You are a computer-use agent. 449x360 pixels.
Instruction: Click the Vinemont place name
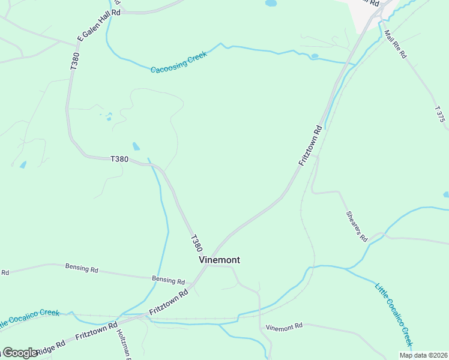[x=219, y=260]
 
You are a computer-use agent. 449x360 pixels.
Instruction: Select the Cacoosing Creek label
[x=179, y=62]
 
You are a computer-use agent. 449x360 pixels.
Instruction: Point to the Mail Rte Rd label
[x=396, y=44]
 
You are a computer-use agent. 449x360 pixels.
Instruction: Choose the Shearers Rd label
[x=356, y=226]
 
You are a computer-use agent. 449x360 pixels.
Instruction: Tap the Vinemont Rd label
[x=285, y=327]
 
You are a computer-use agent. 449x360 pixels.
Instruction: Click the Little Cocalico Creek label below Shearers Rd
[x=394, y=315]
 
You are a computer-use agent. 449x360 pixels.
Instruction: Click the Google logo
[x=20, y=352]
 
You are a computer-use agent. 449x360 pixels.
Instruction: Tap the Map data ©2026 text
[x=424, y=355]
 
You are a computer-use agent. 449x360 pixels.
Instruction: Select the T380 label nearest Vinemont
[x=196, y=243]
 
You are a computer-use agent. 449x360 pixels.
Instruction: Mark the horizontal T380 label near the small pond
[x=119, y=159]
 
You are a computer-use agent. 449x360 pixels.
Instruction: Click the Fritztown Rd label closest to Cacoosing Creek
[x=311, y=145]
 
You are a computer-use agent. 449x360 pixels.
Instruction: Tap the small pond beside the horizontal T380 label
[x=136, y=146]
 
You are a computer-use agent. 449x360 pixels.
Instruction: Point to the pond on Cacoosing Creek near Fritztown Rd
[x=315, y=56]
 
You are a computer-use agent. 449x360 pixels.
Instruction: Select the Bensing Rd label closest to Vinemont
[x=168, y=280]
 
